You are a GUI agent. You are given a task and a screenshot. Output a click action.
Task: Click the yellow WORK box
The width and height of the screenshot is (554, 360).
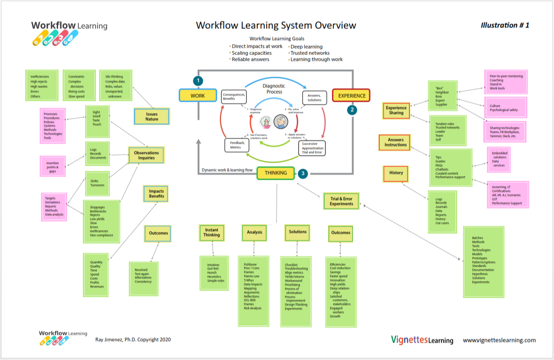pyautogui.click(x=198, y=96)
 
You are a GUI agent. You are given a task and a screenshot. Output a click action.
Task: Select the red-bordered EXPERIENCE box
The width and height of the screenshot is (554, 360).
pyautogui.click(x=351, y=96)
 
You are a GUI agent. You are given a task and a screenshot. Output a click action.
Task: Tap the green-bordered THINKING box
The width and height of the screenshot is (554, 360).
pyautogui.click(x=275, y=173)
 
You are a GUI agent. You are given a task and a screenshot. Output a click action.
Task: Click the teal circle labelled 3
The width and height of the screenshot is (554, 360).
pyautogui.click(x=303, y=173)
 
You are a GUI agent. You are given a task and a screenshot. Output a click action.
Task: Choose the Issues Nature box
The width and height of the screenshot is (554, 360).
pyautogui.click(x=152, y=117)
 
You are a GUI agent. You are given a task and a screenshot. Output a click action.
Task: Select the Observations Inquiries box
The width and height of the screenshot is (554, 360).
pyautogui.click(x=146, y=155)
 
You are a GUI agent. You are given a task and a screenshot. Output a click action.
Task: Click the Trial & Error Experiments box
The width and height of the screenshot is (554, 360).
pyautogui.click(x=341, y=201)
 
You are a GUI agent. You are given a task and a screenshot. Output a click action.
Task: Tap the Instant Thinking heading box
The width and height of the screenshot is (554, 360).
pyautogui.click(x=211, y=232)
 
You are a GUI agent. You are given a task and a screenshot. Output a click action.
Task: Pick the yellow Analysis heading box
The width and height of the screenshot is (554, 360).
pyautogui.click(x=254, y=232)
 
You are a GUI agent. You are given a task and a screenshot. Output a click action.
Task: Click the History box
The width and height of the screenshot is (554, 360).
pyautogui.click(x=396, y=173)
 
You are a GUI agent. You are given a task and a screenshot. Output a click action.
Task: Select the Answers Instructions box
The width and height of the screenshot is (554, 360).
pyautogui.click(x=396, y=142)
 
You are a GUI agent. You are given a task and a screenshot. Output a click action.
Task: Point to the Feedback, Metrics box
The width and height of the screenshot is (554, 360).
pyautogui.click(x=236, y=145)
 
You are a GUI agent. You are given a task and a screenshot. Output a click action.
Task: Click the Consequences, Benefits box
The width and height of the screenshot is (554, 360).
pyautogui.click(x=234, y=96)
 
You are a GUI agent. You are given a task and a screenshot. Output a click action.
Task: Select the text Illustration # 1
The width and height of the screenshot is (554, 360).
pyautogui.click(x=504, y=25)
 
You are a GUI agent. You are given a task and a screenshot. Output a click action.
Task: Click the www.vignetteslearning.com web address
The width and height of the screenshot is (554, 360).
pyautogui.click(x=499, y=340)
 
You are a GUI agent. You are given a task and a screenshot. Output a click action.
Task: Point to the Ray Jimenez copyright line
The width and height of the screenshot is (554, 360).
pyautogui.click(x=133, y=340)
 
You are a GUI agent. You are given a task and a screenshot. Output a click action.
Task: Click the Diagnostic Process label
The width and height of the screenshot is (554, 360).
pyautogui.click(x=274, y=88)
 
